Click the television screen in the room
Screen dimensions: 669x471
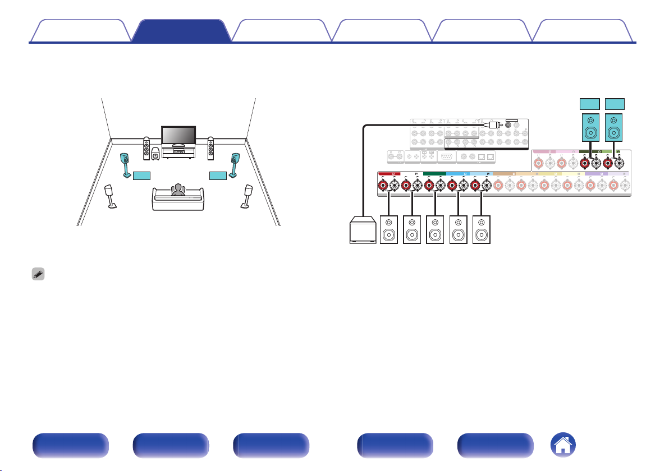pos(178,135)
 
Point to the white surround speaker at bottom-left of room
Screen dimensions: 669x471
pos(111,196)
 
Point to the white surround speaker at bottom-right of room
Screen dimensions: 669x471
pos(246,196)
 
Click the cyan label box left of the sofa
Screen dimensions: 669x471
pos(143,176)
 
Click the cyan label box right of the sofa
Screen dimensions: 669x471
pos(218,176)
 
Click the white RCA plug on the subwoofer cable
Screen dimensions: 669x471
pos(493,126)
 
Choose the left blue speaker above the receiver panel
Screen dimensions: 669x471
pos(590,128)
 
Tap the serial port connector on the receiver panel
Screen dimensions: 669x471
pos(447,158)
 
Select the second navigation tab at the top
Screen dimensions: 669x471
pos(181,31)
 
